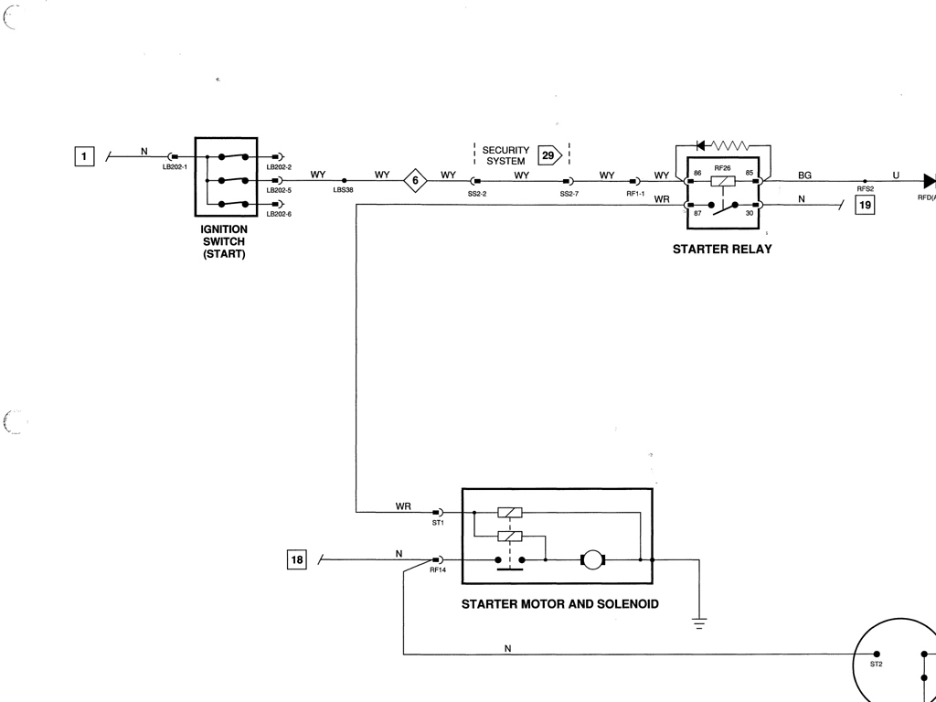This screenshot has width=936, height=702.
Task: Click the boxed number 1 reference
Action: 84,156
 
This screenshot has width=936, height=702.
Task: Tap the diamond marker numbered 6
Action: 415,180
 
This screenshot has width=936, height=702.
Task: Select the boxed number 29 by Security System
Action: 548,155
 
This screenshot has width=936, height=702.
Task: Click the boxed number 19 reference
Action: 864,206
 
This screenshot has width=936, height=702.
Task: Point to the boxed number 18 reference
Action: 296,560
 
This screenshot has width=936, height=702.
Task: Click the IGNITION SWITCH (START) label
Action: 224,241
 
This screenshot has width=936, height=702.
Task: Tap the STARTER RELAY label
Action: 722,250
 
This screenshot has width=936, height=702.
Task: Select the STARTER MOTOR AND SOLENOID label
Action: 559,604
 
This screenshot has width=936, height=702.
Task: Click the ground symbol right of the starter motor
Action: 699,622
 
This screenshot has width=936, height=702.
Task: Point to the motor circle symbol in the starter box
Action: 593,559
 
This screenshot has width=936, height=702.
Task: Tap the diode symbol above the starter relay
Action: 701,145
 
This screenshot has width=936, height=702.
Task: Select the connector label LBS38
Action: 343,190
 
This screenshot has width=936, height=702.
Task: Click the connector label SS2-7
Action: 569,194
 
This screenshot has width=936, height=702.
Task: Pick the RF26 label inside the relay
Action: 722,168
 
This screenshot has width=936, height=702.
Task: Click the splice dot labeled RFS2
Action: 865,181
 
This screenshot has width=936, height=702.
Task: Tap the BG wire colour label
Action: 804,175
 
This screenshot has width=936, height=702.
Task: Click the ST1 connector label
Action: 438,523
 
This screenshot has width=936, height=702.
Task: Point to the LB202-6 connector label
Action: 279,214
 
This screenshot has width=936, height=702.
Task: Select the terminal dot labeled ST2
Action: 876,654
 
